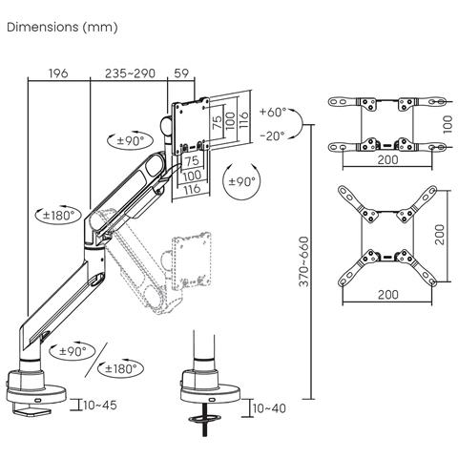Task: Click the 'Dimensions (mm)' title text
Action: pos(62,27)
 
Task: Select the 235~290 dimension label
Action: pos(129,73)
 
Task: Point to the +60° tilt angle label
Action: pos(272,112)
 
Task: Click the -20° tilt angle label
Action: pos(272,135)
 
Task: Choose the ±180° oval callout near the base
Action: pos(121,368)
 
